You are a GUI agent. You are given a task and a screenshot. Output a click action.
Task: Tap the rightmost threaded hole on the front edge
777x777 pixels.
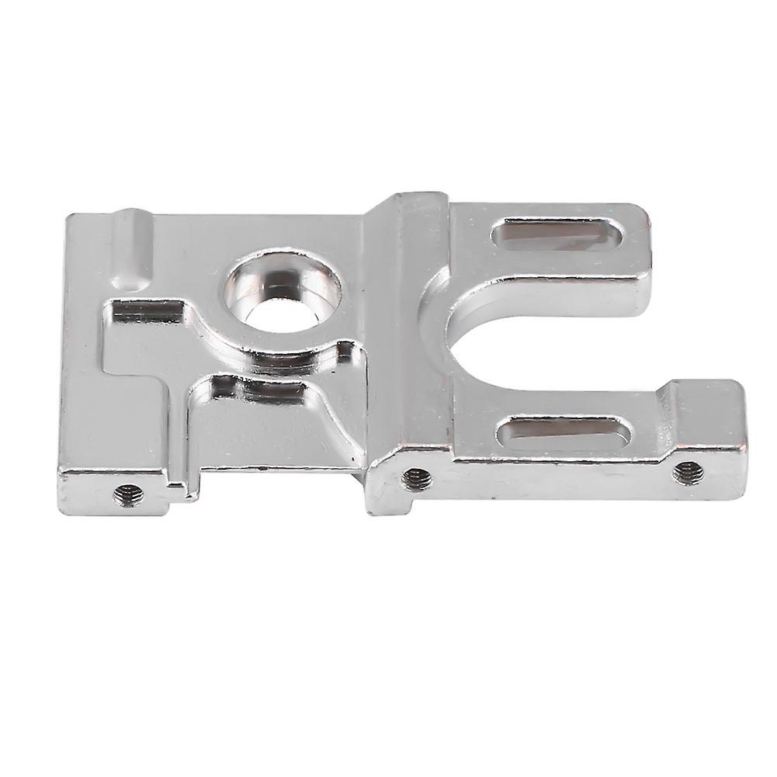[686, 470]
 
